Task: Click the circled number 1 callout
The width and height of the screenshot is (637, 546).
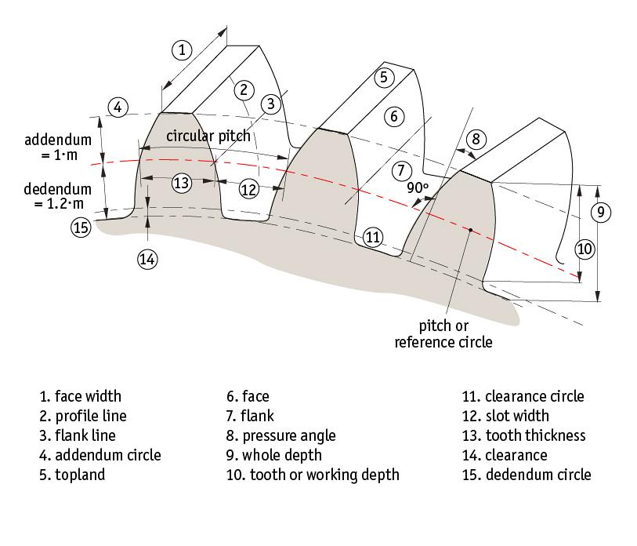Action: click(x=181, y=50)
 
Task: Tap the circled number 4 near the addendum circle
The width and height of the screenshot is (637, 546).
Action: click(x=117, y=107)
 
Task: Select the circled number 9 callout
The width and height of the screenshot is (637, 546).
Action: click(x=600, y=212)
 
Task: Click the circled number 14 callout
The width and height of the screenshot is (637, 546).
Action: click(x=148, y=258)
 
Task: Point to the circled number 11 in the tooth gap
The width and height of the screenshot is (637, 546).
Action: click(x=373, y=237)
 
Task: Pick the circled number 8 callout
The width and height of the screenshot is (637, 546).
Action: click(x=476, y=139)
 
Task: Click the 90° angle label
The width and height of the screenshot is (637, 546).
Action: click(x=417, y=187)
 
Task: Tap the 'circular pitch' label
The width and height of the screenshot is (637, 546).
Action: click(x=208, y=136)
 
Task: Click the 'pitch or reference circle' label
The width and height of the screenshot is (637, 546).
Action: click(x=443, y=333)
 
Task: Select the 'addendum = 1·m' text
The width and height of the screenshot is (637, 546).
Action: click(x=58, y=147)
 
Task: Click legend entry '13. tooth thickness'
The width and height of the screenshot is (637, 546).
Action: click(x=523, y=435)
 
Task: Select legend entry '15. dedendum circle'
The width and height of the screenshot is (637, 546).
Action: click(x=527, y=475)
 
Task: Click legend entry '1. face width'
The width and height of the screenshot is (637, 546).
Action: click(x=81, y=396)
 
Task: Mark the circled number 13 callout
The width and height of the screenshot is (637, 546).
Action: click(x=182, y=183)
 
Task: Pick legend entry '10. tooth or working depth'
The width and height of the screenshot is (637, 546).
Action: click(x=313, y=475)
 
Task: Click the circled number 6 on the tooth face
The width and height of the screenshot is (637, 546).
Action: click(x=394, y=116)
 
